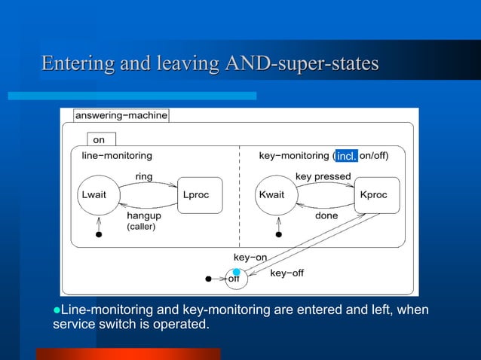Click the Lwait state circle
(97, 194)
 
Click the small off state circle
(235, 280)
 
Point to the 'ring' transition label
(143, 176)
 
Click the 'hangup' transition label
(142, 215)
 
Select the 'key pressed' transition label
(323, 176)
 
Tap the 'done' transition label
(326, 215)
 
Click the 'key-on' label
(250, 258)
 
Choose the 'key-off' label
(286, 273)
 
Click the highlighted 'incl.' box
(346, 156)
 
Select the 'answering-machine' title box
(121, 116)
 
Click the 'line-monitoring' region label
(117, 156)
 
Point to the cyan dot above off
(236, 272)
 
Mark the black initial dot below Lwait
(97, 235)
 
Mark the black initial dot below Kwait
(277, 235)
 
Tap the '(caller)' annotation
(141, 227)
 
